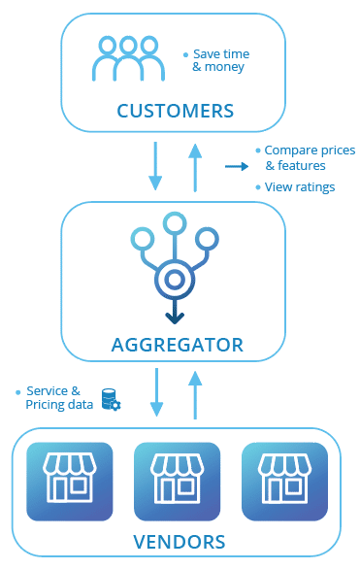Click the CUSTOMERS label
coord(175,110)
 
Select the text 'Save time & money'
coord(218,60)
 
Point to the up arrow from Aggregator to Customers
coord(195,165)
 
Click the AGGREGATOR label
coord(175,344)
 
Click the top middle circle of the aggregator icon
coord(174,224)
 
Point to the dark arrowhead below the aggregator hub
coord(174,317)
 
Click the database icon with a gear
coord(111,398)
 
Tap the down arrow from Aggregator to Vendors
coord(156,393)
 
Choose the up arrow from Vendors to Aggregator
coord(195,394)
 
